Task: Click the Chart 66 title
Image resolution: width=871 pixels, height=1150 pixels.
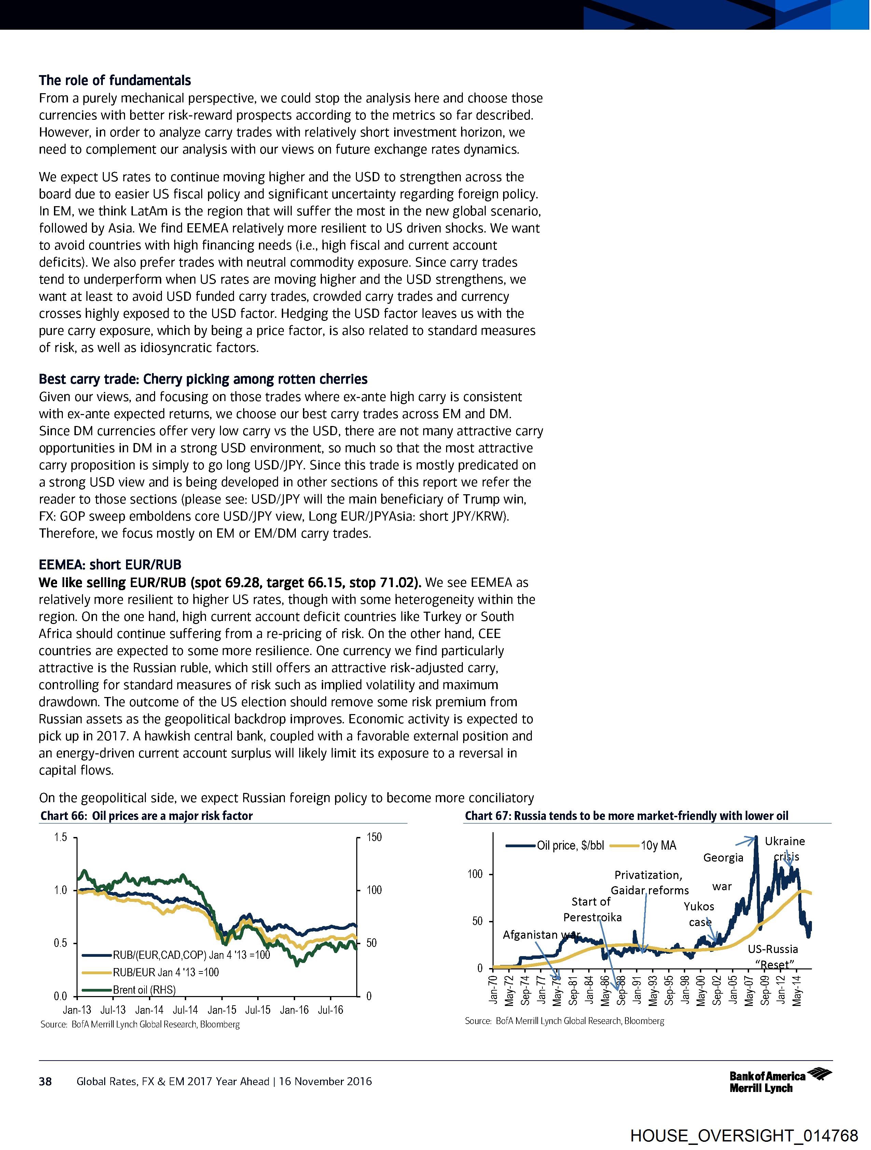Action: pos(147,816)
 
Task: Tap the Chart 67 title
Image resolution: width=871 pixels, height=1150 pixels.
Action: pos(626,816)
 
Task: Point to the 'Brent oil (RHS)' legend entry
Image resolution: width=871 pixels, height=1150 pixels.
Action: pos(144,989)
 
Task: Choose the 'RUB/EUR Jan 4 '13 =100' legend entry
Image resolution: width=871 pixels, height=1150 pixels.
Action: pos(165,972)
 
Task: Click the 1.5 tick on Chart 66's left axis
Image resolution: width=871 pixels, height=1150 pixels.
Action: pos(61,838)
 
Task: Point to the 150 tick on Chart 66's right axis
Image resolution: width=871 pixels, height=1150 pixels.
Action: pos(374,838)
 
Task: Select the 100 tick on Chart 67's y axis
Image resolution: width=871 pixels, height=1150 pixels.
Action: pos(475,874)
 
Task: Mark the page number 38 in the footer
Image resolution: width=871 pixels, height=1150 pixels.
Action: pos(45,1081)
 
